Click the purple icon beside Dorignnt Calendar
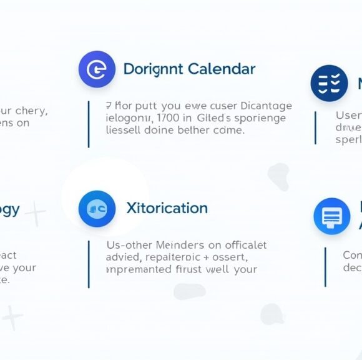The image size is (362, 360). (97, 69)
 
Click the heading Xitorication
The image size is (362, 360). (167, 208)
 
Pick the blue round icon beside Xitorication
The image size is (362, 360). (97, 209)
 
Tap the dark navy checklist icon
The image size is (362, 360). (329, 84)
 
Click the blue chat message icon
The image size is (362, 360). (331, 216)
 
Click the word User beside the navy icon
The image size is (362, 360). (348, 116)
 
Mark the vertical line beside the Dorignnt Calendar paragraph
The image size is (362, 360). (89, 124)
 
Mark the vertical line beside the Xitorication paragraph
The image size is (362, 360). (89, 264)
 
